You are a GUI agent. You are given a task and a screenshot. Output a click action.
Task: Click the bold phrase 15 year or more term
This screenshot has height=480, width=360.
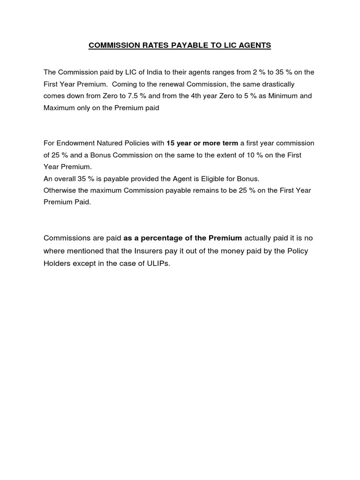pos(202,143)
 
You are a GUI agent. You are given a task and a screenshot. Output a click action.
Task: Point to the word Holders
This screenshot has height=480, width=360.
pos(57,263)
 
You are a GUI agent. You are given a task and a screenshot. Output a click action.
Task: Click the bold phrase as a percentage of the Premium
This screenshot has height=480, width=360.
pos(183,238)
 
